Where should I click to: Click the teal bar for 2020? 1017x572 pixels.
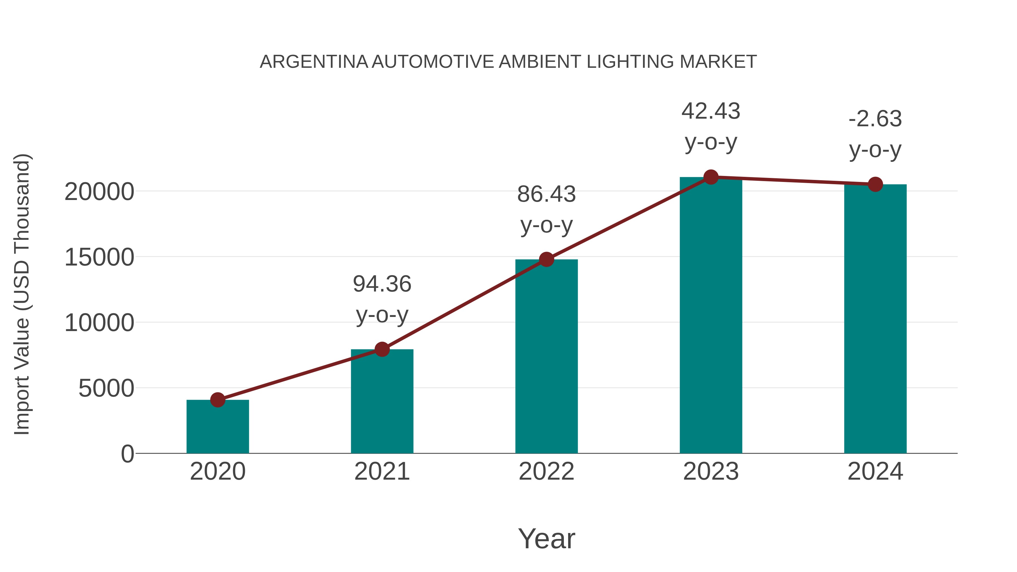point(218,428)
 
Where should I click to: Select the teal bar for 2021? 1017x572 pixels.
point(382,403)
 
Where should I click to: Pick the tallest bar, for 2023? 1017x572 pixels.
point(711,316)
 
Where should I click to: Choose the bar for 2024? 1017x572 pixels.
point(875,320)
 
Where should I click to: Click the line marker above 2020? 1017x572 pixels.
point(218,400)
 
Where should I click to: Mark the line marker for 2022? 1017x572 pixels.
point(546,259)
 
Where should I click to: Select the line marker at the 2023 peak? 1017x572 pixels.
point(711,177)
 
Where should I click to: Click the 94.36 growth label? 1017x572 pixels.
point(382,284)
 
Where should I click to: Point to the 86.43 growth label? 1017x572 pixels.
point(546,195)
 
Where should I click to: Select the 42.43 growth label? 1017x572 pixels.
point(711,111)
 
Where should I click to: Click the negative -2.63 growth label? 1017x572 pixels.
point(875,119)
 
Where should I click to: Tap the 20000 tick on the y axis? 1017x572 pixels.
point(99,192)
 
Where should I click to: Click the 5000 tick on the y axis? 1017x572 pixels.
point(106,389)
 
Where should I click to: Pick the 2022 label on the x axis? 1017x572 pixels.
point(546,472)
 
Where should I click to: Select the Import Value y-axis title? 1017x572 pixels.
point(22,294)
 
